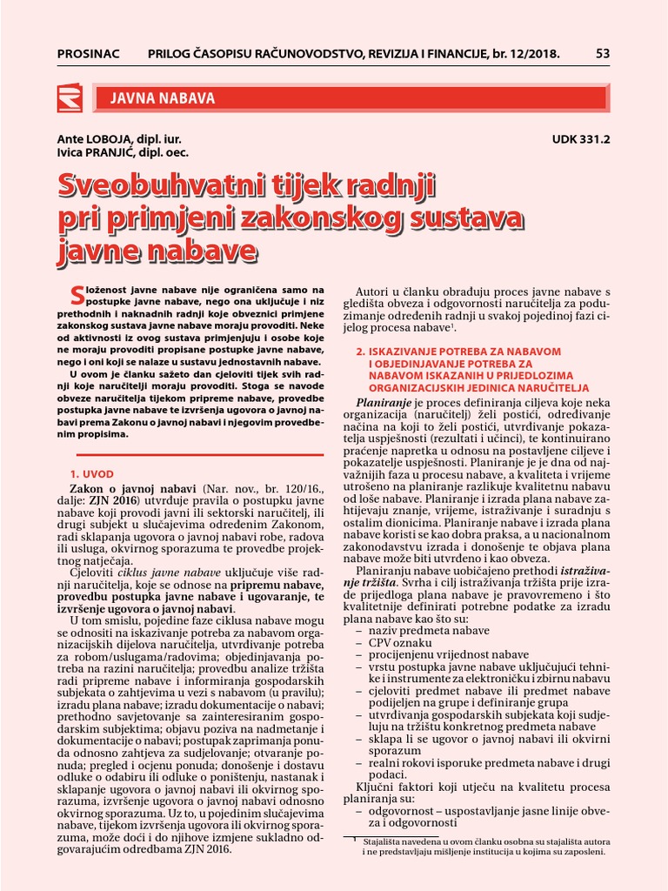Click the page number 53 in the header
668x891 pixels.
(x=603, y=54)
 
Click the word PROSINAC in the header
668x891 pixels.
(x=90, y=54)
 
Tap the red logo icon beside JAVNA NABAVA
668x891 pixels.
(x=69, y=98)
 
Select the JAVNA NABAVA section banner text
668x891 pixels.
(x=162, y=98)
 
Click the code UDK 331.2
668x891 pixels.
(x=581, y=138)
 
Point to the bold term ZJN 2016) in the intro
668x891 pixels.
(x=113, y=503)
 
